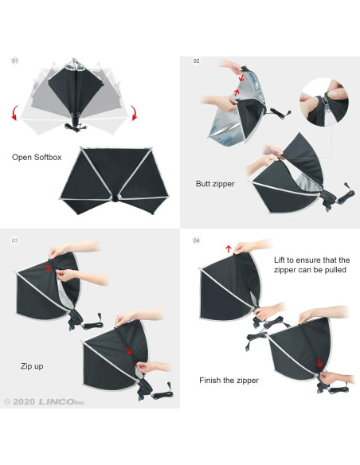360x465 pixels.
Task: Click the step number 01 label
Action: point(15,61)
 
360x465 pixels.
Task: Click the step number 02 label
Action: point(196,61)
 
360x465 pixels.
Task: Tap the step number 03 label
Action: point(15,240)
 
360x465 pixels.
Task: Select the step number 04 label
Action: point(196,240)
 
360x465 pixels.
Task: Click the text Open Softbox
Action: point(37,157)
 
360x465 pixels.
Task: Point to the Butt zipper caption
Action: point(215,184)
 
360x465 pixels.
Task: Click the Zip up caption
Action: point(32,366)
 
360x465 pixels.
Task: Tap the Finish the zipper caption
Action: point(229,380)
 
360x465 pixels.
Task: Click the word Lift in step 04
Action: point(279,260)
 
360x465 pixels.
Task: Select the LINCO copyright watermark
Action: point(45,402)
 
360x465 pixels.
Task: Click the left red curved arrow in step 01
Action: point(15,113)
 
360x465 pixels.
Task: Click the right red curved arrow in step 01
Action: point(134,113)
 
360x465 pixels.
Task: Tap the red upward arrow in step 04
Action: point(229,248)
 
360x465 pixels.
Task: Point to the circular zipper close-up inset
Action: point(324,102)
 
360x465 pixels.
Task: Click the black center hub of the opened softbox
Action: point(115,198)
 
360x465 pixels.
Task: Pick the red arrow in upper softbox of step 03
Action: point(48,267)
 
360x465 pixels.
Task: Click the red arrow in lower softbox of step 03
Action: point(129,351)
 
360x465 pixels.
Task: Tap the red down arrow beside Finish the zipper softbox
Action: point(319,363)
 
